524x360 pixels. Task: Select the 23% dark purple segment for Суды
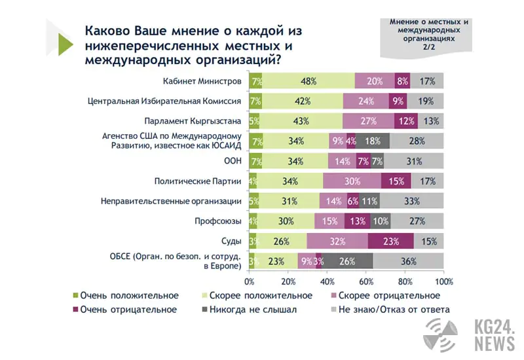coord(390,241)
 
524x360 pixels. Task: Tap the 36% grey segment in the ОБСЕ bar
coord(408,261)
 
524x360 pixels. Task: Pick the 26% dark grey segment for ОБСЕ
coord(348,261)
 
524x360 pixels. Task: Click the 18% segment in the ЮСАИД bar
coord(373,141)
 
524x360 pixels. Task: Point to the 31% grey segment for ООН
coord(413,161)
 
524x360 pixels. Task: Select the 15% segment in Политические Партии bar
coord(396,181)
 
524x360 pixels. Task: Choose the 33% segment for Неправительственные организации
coord(411,202)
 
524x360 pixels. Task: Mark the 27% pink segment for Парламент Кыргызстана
coord(368,121)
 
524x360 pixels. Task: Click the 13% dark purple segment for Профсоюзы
coord(357,221)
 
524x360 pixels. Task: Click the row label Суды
coord(231,241)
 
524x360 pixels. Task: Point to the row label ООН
coord(231,161)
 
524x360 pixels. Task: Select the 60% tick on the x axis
coord(365,281)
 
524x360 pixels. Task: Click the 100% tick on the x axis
coord(443,281)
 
